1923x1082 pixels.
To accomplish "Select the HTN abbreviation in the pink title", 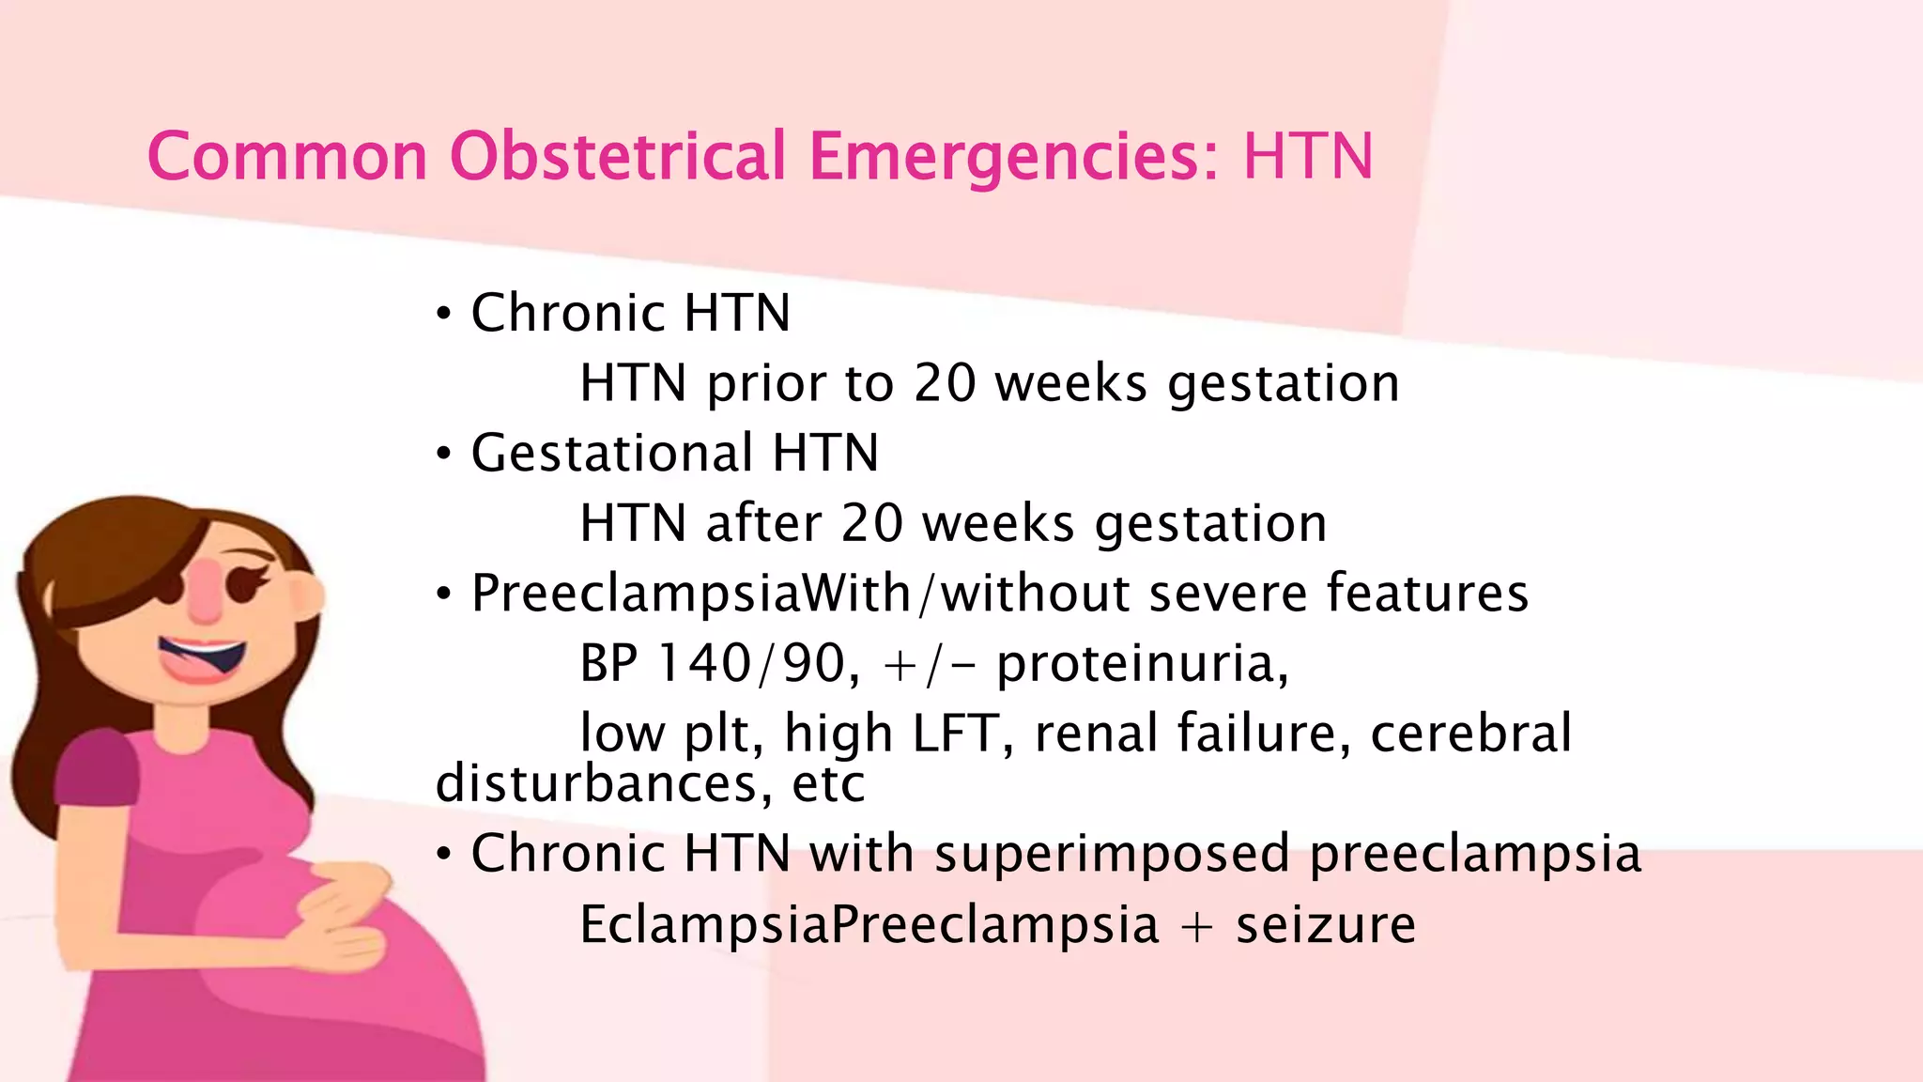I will pos(1308,156).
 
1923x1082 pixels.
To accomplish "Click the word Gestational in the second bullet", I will pos(611,454).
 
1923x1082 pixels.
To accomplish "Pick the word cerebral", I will pos(1470,734).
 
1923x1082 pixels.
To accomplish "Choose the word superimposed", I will pos(1112,854).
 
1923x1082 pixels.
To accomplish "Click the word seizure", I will pos(1325,924).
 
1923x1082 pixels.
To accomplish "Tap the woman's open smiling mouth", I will pos(202,657).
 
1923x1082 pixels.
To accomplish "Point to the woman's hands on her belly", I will pos(338,920).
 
